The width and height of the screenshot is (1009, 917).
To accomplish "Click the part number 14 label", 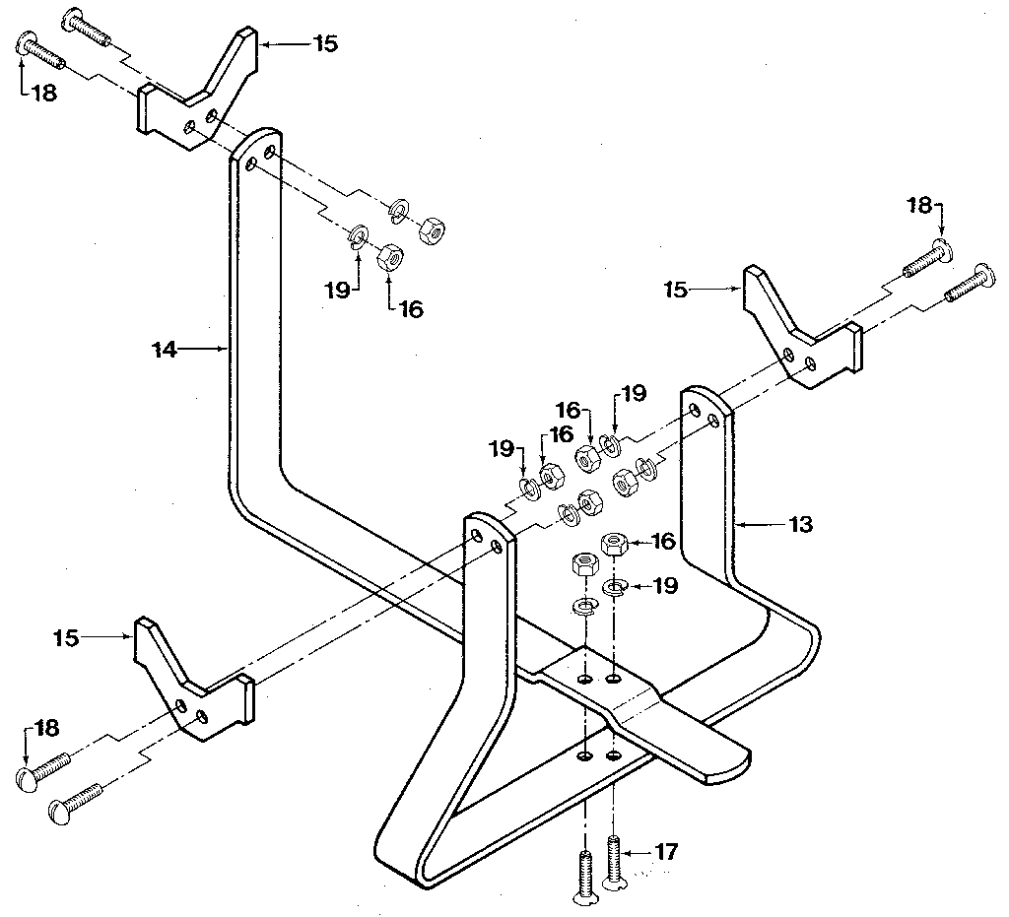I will point(165,350).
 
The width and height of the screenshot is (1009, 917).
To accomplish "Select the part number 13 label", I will point(800,525).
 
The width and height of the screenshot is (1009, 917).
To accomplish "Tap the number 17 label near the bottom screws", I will point(667,852).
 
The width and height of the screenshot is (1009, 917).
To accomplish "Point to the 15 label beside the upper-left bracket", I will point(324,44).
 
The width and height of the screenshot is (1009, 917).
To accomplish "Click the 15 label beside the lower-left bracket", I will point(67,638).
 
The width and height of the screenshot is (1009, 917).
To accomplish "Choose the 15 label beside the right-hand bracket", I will point(676,290).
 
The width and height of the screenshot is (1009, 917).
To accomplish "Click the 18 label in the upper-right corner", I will point(918,205).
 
